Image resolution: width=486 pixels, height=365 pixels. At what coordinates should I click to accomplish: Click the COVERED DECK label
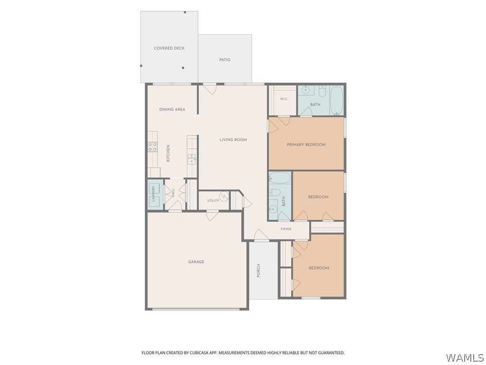169,48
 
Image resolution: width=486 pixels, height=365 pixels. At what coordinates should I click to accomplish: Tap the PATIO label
224,59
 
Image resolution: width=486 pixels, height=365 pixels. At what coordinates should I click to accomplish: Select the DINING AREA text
172,109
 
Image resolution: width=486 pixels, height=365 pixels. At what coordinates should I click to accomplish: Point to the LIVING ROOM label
233,140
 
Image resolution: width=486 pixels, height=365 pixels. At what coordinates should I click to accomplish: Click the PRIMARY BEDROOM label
306,144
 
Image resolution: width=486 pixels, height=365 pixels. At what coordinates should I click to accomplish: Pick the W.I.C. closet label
284,99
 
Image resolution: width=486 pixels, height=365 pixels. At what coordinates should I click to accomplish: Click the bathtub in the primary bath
336,101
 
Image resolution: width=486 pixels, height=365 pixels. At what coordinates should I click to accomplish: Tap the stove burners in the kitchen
152,147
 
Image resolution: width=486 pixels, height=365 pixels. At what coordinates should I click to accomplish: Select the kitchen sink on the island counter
192,159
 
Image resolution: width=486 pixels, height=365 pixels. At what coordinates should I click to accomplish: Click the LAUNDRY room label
153,194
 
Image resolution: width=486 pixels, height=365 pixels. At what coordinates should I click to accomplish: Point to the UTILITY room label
213,201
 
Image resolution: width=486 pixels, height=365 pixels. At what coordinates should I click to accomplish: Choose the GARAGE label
196,262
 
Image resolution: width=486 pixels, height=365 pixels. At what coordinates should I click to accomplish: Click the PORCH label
259,270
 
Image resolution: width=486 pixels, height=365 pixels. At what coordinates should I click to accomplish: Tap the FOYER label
286,229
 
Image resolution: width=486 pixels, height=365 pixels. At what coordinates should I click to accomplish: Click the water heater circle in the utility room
224,196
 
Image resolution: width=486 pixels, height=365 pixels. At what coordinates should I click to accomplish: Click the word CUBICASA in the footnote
196,353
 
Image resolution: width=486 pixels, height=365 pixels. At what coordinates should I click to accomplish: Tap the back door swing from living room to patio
211,89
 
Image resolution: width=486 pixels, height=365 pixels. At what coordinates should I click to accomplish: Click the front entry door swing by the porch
261,235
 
